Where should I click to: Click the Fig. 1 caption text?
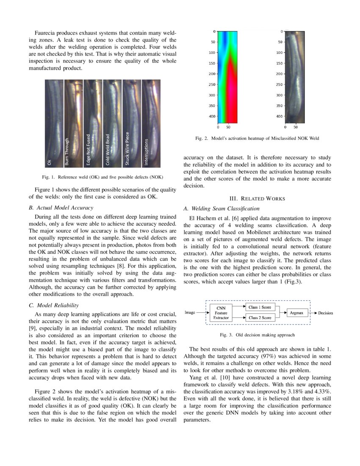click(x=105, y=177)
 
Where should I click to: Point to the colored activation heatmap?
click(x=227, y=77)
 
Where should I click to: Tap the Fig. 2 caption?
click(x=257, y=138)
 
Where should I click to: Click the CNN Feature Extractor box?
click(x=221, y=313)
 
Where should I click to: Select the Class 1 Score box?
click(x=260, y=307)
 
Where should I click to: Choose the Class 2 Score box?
click(x=260, y=317)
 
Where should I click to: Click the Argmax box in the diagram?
click(x=296, y=313)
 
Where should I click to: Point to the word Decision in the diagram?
click(x=325, y=313)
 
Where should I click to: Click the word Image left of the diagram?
click(x=190, y=313)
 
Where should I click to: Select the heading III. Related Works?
click(x=257, y=198)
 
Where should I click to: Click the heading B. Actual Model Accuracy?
click(x=64, y=208)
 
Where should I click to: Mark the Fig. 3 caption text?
click(x=257, y=335)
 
